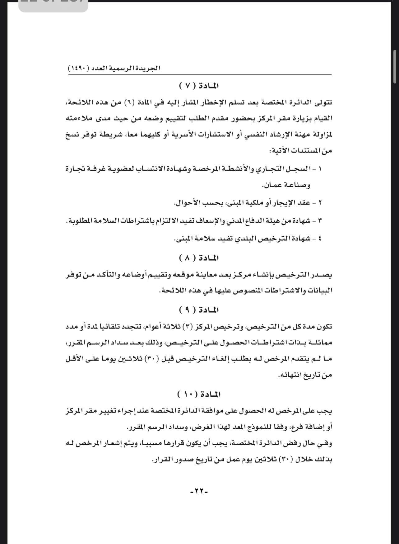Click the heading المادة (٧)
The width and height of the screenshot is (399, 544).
199,85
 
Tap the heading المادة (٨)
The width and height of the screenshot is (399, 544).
199,258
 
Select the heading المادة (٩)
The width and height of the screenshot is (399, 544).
199,310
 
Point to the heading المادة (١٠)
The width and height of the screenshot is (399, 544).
199,395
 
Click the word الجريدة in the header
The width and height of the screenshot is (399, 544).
148,68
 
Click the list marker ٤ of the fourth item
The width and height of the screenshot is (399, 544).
321,239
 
